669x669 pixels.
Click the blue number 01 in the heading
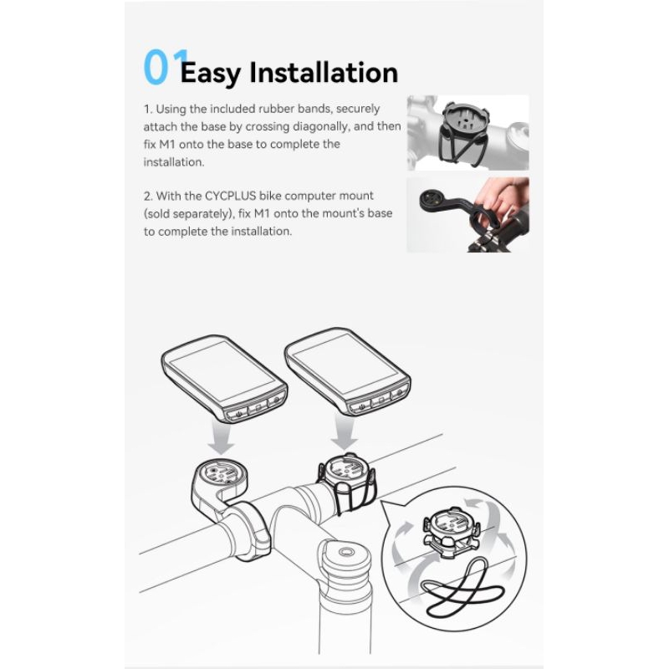point(166,67)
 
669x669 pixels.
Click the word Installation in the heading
point(324,72)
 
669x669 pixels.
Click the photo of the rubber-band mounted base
point(467,133)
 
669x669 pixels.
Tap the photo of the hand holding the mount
point(467,215)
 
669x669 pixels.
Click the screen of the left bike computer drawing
point(222,370)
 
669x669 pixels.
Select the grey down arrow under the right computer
point(345,433)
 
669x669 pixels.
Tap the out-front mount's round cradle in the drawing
point(218,474)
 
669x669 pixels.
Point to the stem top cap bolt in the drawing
point(346,552)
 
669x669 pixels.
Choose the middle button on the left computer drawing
point(256,408)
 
